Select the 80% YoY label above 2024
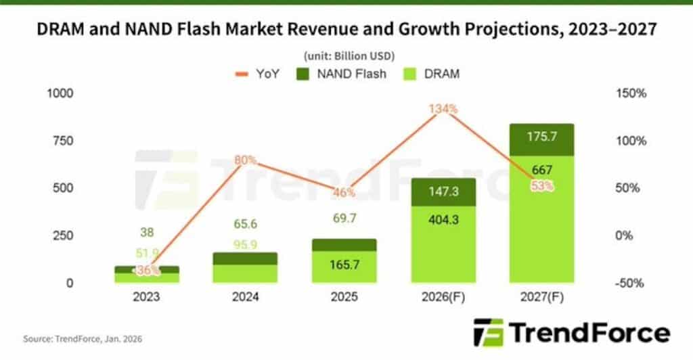(245, 160)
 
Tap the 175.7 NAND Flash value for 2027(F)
(541, 137)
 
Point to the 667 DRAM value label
(541, 170)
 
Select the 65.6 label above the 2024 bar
(245, 224)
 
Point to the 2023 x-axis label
(146, 297)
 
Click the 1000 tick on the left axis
(59, 93)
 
